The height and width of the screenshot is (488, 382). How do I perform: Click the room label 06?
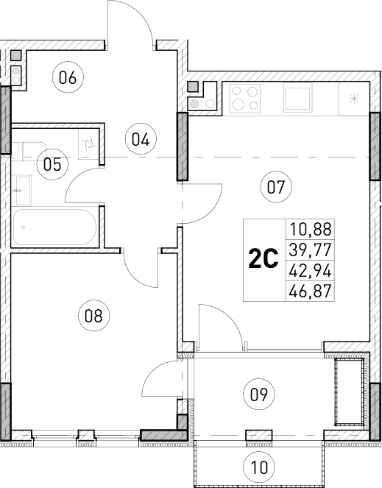(x=68, y=77)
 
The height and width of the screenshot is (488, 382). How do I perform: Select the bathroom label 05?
(x=52, y=163)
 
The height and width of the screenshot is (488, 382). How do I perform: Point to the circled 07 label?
(x=276, y=186)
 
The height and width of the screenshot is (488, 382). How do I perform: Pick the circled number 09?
(x=257, y=393)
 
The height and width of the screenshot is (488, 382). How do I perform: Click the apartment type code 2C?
(x=263, y=260)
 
